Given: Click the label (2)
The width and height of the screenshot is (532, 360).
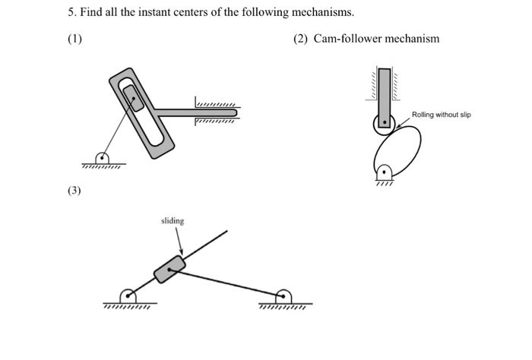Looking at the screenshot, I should (299, 39).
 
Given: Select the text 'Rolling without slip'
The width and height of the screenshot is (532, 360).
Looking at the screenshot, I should (441, 115).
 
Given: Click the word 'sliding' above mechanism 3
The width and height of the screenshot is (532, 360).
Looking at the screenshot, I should (173, 221).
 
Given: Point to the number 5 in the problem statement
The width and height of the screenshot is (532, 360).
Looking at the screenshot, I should (65, 13).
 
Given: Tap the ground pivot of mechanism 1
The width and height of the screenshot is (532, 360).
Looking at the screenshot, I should (103, 158).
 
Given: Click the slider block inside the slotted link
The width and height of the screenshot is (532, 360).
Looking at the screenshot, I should (133, 98).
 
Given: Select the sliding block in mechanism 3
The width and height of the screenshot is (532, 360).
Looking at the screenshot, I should (169, 269).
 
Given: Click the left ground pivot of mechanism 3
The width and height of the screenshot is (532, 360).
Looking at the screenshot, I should (128, 296).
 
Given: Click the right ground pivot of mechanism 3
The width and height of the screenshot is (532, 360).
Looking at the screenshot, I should (283, 296).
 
